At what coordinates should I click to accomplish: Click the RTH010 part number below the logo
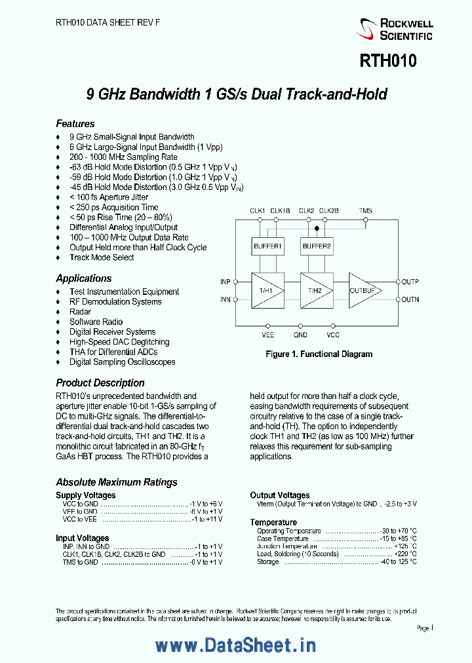click(387, 62)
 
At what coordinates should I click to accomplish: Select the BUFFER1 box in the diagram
click(267, 247)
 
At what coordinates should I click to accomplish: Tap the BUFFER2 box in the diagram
click(317, 247)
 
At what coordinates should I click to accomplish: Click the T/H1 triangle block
click(265, 290)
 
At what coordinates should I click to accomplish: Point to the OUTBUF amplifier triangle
click(363, 290)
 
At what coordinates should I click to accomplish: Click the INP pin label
click(225, 282)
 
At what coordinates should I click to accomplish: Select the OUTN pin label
click(410, 299)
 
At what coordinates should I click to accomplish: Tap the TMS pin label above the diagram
click(365, 210)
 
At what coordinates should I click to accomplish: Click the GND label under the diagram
click(300, 335)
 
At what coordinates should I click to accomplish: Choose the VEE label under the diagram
click(267, 335)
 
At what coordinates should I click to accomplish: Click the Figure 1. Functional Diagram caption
click(319, 354)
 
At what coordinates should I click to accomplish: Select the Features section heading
click(75, 124)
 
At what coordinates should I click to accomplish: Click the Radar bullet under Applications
click(80, 312)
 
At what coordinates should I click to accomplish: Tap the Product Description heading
click(100, 383)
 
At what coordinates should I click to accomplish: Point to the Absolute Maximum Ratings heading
click(117, 482)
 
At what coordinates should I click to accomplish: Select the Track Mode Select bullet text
click(102, 257)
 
